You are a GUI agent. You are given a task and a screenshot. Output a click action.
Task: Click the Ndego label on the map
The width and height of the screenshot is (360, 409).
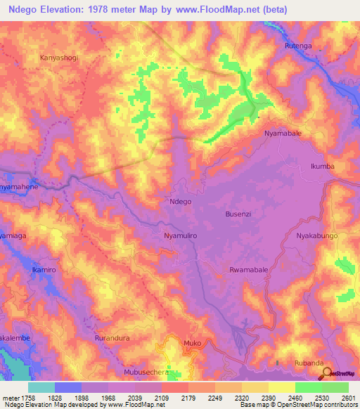[x=181, y=201]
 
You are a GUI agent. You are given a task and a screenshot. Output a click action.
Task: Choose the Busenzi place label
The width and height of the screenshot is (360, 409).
[x=238, y=214]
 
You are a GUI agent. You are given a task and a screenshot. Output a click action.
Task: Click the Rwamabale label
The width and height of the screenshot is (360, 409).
[x=248, y=270]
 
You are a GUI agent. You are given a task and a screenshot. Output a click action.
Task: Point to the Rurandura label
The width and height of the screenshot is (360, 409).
[x=112, y=338]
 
